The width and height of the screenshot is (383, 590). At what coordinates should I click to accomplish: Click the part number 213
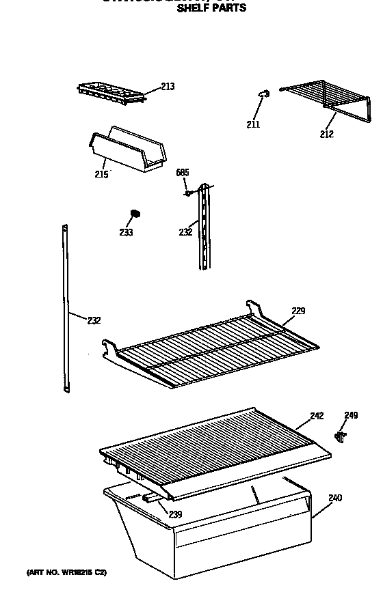[168, 86]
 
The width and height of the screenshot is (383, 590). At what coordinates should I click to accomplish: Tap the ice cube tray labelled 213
[111, 93]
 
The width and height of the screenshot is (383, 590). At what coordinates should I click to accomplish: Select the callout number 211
[253, 124]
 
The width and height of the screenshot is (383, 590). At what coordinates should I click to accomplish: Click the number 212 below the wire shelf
[326, 134]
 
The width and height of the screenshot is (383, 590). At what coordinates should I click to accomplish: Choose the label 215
[101, 174]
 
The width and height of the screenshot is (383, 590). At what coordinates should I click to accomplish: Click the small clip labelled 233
[136, 214]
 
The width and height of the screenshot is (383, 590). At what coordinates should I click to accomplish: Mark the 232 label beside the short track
[185, 232]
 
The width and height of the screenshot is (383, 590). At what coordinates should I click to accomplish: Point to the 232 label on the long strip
[95, 320]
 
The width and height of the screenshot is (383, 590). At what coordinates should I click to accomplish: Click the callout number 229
[298, 311]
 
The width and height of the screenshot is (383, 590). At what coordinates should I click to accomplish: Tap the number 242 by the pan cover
[316, 415]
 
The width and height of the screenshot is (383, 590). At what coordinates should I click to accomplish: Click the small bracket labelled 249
[341, 434]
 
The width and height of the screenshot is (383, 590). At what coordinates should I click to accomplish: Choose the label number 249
[351, 415]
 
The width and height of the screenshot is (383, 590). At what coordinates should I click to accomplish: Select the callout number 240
[334, 498]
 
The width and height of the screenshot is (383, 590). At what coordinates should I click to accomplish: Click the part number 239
[176, 514]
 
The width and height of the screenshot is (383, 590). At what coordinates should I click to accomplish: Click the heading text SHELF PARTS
[211, 9]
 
